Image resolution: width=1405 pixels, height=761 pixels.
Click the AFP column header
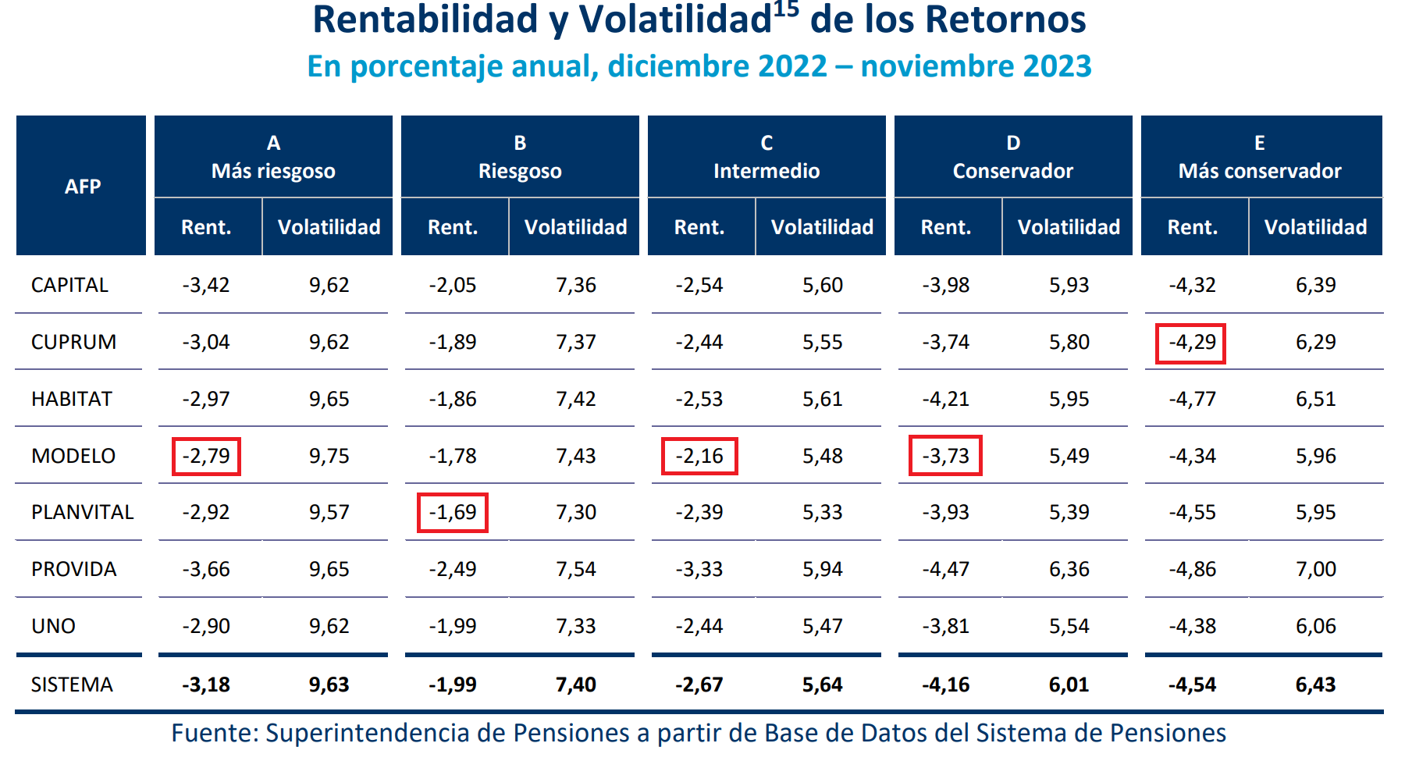[82, 187]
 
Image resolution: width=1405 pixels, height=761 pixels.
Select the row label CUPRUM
[73, 342]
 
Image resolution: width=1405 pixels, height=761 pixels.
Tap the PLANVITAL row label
[82, 512]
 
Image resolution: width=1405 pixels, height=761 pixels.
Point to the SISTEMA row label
[72, 685]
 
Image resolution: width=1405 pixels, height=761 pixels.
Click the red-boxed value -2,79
[206, 456]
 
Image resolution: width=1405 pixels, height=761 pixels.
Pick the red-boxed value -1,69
[453, 513]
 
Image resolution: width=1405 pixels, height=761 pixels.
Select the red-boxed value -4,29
[1191, 343]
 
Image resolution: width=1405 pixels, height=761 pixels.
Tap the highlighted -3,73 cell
[945, 456]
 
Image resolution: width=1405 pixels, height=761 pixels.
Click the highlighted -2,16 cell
[699, 456]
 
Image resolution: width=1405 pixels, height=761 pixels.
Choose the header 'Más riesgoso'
[273, 171]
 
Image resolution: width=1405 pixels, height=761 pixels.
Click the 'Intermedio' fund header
[767, 171]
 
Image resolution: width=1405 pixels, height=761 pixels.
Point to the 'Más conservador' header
[1260, 171]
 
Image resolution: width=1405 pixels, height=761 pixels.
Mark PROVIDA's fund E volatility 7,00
[1315, 569]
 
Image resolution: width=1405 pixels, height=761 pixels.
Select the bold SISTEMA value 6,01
[1069, 685]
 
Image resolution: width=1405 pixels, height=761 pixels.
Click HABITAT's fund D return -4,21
[945, 399]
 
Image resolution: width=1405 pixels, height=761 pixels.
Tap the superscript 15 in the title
[786, 9]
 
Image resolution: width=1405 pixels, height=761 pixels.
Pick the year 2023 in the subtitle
[1057, 66]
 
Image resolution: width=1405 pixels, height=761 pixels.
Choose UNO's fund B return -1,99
[453, 626]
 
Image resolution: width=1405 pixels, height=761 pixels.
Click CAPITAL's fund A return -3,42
[206, 285]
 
